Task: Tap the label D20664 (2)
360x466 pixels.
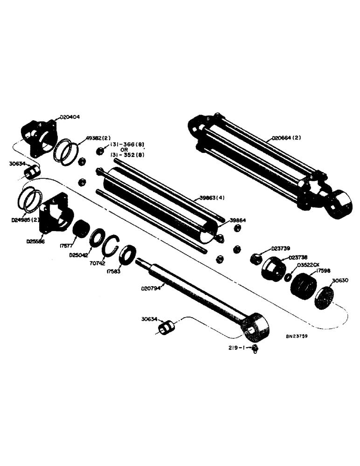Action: point(287,138)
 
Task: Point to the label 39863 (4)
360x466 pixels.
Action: point(213,198)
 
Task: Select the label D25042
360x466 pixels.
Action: point(78,255)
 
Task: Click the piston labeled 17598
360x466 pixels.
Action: point(303,287)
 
